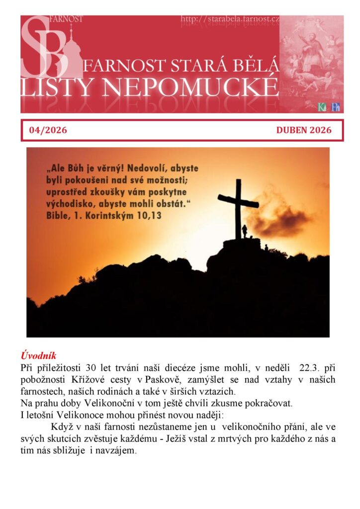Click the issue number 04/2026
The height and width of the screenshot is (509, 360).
48,131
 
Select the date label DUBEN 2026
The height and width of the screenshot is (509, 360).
304,131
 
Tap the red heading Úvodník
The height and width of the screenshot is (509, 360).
38,356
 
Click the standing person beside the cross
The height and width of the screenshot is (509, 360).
244,231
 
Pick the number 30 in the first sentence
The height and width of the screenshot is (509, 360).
90,368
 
